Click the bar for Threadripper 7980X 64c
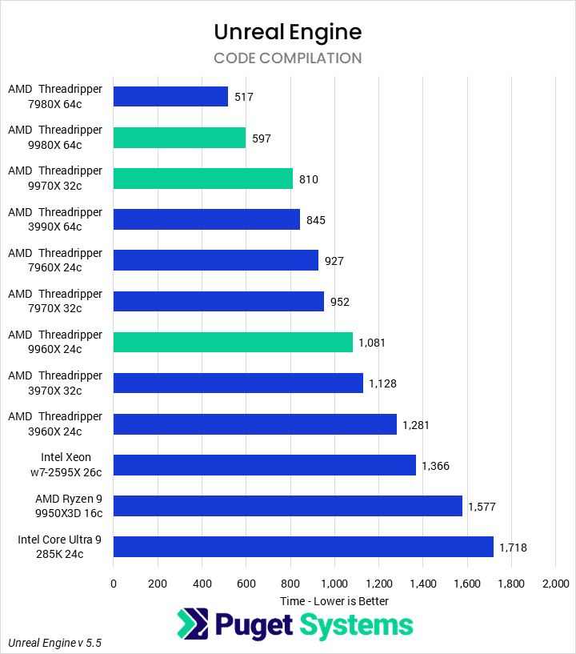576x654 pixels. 170,97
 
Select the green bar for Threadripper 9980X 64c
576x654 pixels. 179,138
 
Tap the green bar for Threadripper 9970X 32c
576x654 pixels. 203,179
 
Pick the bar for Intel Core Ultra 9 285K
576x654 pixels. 303,547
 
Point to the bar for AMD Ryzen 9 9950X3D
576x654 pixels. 288,506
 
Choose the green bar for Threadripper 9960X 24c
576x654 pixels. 233,343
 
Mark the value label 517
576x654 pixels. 244,98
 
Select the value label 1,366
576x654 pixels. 436,466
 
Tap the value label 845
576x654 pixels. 316,220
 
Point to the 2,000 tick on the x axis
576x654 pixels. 555,584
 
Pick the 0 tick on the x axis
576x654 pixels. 114,584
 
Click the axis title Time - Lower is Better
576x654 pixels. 334,600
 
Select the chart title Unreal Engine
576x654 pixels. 288,31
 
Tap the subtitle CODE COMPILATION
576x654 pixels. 288,58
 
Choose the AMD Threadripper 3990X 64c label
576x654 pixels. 55,219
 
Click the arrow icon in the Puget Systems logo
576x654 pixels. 191,624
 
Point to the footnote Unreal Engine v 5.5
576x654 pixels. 55,643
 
